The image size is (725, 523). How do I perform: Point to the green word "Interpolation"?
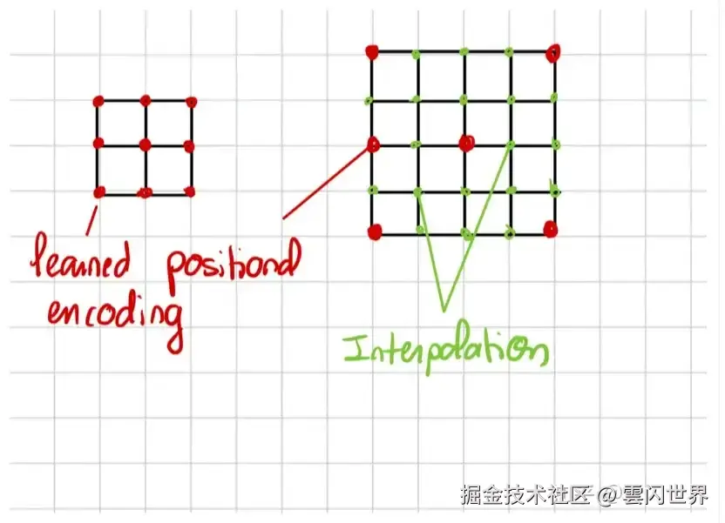[445, 352]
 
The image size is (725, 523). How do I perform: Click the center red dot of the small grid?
[145, 144]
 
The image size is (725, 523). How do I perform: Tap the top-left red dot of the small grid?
[98, 100]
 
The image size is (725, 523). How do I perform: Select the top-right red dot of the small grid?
[191, 101]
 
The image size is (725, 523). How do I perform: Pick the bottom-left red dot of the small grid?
[99, 191]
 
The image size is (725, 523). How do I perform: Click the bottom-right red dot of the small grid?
[190, 191]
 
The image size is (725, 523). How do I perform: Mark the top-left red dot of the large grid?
[372, 52]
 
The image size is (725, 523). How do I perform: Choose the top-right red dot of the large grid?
[552, 54]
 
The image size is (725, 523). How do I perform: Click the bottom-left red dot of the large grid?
[375, 231]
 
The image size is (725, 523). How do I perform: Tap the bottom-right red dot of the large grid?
[550, 230]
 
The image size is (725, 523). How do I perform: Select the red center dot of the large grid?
[466, 141]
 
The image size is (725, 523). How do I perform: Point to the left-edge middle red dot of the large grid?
[373, 144]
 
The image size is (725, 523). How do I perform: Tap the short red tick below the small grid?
[90, 221]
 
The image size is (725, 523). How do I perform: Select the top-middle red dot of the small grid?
[145, 100]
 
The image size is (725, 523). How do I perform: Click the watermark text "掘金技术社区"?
[525, 495]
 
